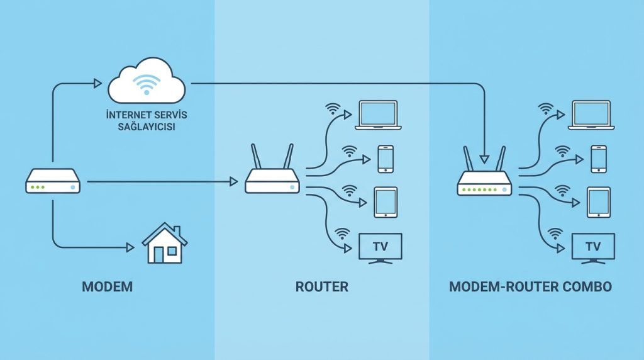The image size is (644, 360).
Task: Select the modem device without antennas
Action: point(53,181)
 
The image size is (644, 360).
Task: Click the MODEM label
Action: point(108,287)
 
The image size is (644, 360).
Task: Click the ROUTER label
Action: point(322,287)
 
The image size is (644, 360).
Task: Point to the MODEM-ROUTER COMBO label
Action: point(530,287)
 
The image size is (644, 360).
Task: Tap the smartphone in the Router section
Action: point(386,159)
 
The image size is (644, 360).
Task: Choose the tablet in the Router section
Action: point(386,202)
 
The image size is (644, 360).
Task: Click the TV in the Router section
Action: point(380,247)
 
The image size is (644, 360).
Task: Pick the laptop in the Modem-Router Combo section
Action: point(589,115)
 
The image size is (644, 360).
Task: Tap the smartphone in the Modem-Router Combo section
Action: point(598,159)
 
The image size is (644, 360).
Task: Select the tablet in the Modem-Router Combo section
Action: point(598,202)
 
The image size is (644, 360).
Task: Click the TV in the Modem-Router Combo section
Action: point(593,247)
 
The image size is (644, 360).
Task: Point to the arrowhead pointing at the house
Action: point(130,247)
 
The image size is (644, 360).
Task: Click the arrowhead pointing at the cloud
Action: point(97,83)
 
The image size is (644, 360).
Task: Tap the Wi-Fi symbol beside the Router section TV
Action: point(342,234)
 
